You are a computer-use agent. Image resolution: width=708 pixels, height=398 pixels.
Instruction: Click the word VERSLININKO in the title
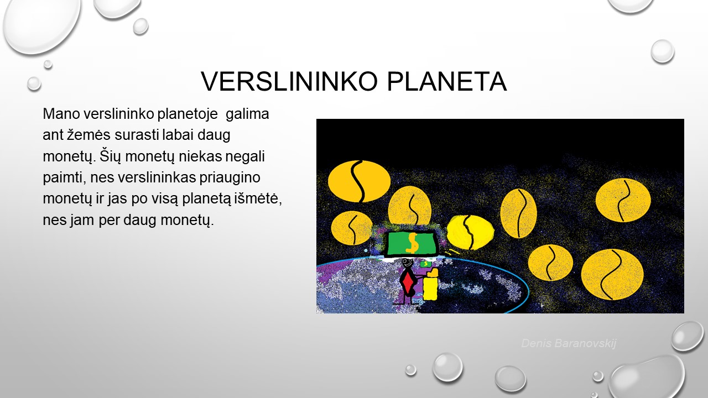pyautogui.click(x=289, y=81)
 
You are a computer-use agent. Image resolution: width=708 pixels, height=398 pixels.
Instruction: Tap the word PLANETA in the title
pyautogui.click(x=447, y=81)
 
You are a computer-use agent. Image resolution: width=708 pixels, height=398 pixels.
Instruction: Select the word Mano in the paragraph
pyautogui.click(x=61, y=114)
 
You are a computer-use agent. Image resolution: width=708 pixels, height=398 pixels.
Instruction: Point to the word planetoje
pyautogui.click(x=188, y=114)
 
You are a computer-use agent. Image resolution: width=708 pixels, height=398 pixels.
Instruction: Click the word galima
pyautogui.click(x=247, y=114)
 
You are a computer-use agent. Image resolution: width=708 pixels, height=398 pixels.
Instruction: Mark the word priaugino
pyautogui.click(x=230, y=178)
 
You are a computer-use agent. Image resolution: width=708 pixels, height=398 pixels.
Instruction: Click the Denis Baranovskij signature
pyautogui.click(x=569, y=343)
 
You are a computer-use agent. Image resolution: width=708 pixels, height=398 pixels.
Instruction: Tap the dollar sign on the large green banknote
pyautogui.click(x=412, y=243)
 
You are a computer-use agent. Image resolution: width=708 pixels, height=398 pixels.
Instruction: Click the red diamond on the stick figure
pyautogui.click(x=408, y=281)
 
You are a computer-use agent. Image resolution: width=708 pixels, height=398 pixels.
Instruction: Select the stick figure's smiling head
pyautogui.click(x=407, y=263)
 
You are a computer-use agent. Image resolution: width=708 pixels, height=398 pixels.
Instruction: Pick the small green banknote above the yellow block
pyautogui.click(x=426, y=264)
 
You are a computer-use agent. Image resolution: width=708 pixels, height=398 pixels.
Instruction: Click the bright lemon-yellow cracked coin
pyautogui.click(x=470, y=233)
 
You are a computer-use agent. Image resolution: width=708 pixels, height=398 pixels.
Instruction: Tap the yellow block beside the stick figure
pyautogui.click(x=430, y=285)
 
